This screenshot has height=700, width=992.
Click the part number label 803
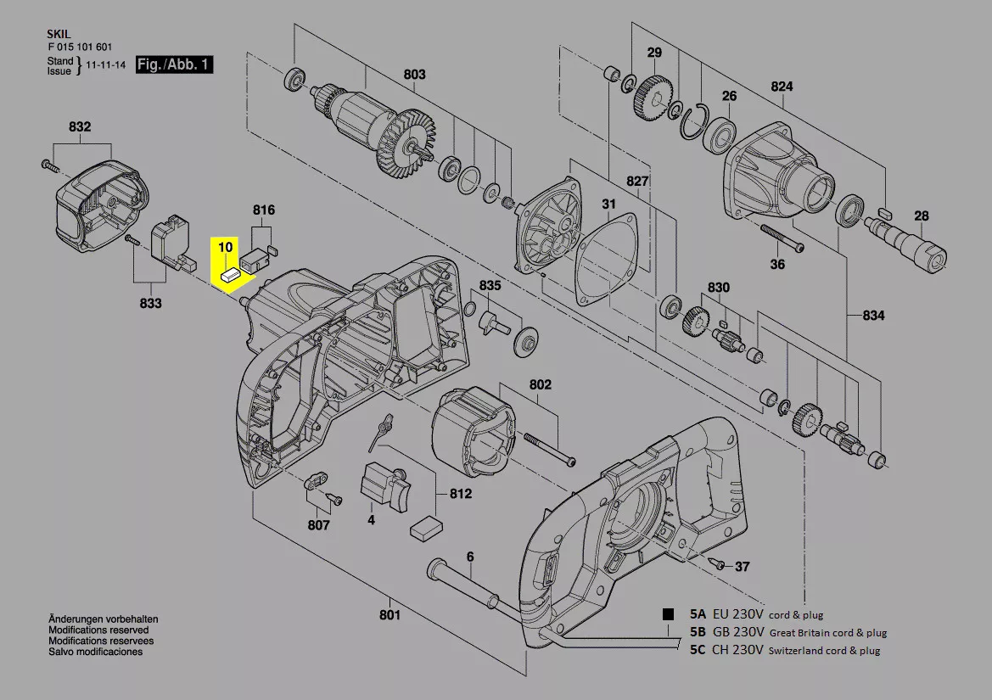pos(414,75)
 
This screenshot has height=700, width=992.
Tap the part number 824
pos(782,87)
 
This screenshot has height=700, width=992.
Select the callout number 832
pos(79,126)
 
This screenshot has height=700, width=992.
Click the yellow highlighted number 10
pos(225,247)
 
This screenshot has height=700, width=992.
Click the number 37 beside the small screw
pos(742,566)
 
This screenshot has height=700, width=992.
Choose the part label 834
pos(873,316)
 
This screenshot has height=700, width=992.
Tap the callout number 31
pos(609,204)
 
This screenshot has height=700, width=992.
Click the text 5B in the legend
pos(698,632)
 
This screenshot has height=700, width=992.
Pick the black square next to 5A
pos(669,613)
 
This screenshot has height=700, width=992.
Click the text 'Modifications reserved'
pos(98,630)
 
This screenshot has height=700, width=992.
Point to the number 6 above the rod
pos(469,557)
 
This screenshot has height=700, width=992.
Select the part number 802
pos(541,384)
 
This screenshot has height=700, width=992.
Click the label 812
pos(461,494)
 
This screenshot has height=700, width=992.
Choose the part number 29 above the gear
pos(654,53)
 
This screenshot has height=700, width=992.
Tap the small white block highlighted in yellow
pos(230,274)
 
